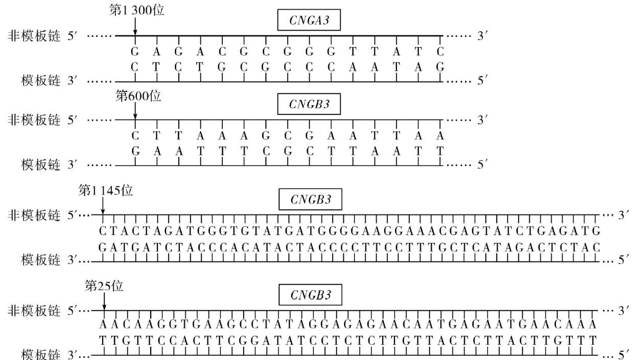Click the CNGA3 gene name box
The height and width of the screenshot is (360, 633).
pyautogui.click(x=309, y=21)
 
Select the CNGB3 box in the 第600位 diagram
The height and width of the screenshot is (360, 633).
pyautogui.click(x=309, y=105)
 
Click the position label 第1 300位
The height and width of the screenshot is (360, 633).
pyautogui.click(x=136, y=10)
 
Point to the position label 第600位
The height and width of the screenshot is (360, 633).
pyautogui.click(x=138, y=96)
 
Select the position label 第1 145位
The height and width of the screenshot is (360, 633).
pyautogui.click(x=105, y=190)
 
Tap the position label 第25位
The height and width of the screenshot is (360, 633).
pyautogui.click(x=104, y=286)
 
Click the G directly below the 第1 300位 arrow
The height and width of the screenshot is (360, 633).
pyautogui.click(x=135, y=52)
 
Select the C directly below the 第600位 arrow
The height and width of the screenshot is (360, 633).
pyautogui.click(x=135, y=136)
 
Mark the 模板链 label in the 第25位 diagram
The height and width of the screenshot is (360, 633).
pyautogui.click(x=41, y=354)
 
